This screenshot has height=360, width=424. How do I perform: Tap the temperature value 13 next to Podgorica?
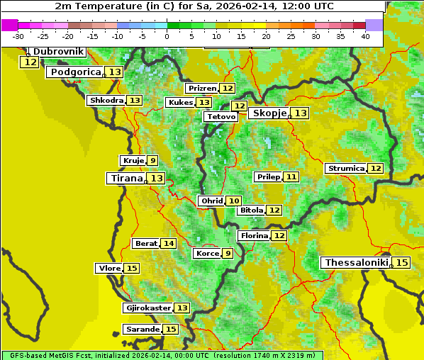(x=115, y=72)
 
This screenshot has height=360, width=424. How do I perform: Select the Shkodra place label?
(x=106, y=101)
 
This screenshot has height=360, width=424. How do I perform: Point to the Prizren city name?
(x=202, y=89)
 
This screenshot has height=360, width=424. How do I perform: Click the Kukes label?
(x=180, y=103)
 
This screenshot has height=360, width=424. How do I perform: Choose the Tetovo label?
(x=221, y=116)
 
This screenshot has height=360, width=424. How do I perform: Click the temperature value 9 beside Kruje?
(x=152, y=161)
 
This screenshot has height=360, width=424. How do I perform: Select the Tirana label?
(x=125, y=179)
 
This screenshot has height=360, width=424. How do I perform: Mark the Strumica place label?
(x=346, y=169)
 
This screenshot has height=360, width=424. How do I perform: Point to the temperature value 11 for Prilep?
(x=291, y=176)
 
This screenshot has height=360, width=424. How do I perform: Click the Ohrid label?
(x=211, y=201)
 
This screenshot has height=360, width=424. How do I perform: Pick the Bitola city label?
(x=251, y=210)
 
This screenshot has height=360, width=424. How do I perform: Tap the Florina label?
(x=255, y=235)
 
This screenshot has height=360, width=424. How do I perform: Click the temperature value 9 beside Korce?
(x=228, y=254)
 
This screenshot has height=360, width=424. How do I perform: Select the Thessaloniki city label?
(x=356, y=263)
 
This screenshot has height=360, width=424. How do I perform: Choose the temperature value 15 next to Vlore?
(x=132, y=269)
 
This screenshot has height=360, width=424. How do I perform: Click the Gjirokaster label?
(x=147, y=308)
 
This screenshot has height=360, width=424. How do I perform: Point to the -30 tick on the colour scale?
(x=18, y=36)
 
